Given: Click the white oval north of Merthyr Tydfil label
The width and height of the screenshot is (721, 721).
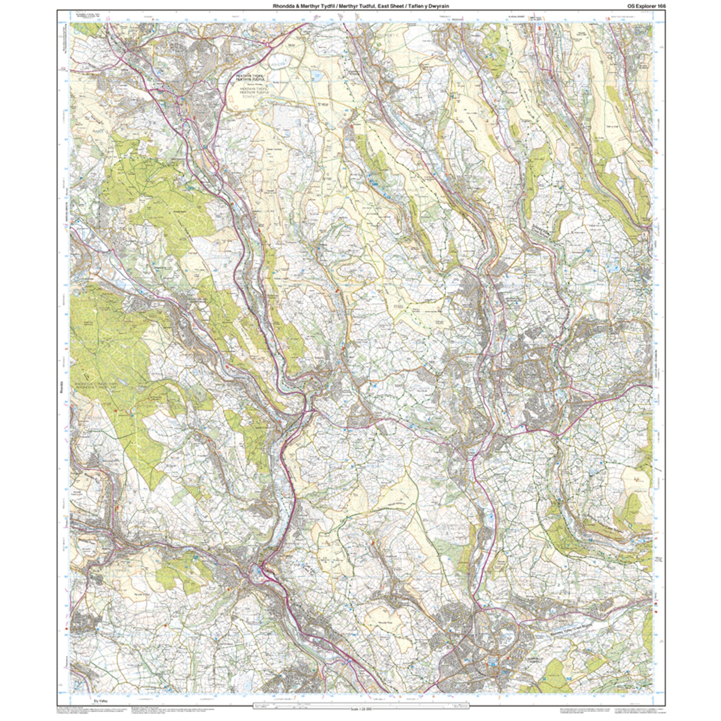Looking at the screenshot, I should coord(280,60).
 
